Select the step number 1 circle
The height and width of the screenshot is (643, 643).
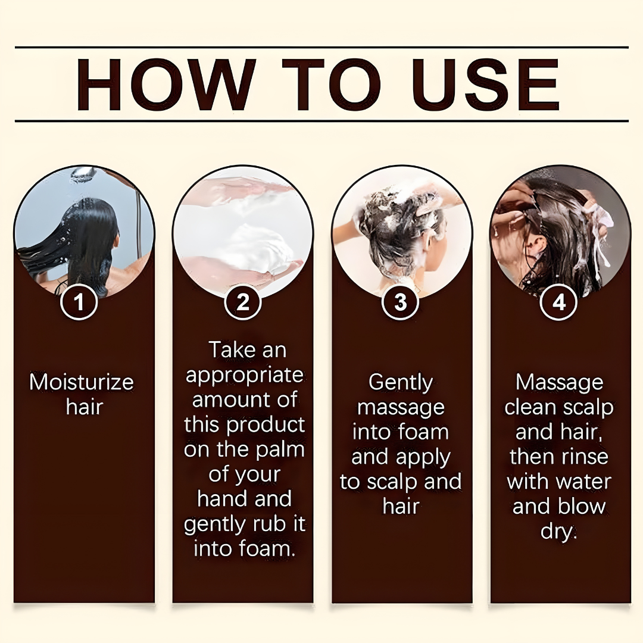point(79,302)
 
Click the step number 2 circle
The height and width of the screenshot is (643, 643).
point(243,302)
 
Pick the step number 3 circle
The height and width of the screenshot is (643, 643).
point(400,302)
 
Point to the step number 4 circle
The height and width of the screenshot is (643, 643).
point(558,302)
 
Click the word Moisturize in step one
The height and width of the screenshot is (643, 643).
point(82,382)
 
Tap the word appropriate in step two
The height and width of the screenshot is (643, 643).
point(244,376)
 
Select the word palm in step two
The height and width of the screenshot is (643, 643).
point(279,450)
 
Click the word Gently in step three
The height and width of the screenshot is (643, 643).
point(401,382)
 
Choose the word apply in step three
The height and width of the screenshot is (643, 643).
point(425,457)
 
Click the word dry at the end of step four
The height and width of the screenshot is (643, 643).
point(558,531)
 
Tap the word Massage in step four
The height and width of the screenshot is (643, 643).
point(559,382)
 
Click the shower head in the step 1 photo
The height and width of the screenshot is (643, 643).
point(83,173)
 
